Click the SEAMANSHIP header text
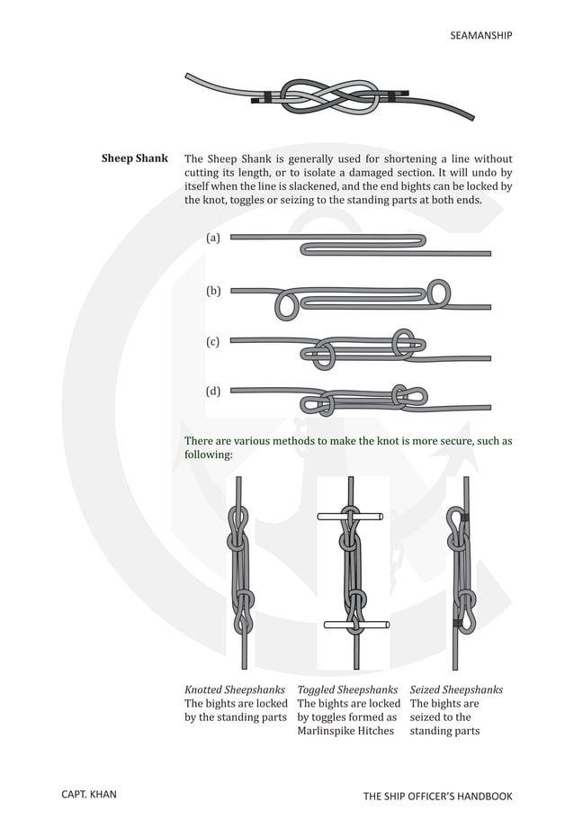tap(480, 35)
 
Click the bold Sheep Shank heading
tap(134, 158)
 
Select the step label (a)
tap(212, 239)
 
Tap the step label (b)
tap(212, 291)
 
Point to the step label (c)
tap(212, 341)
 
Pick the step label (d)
tap(212, 391)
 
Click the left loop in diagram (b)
tap(286, 304)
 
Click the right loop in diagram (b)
tap(438, 292)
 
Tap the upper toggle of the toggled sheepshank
tap(350, 517)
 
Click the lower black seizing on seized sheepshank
tap(459, 623)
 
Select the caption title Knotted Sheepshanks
tap(234, 690)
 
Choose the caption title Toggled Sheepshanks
tap(347, 690)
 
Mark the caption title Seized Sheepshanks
tap(456, 690)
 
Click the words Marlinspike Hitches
tap(345, 731)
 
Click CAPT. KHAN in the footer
tap(88, 796)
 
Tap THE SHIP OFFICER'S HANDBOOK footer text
tap(437, 796)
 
